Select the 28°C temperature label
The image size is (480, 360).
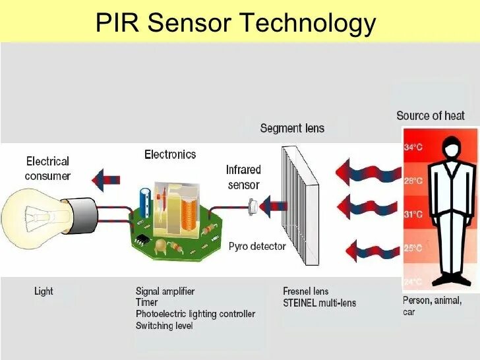[413, 181]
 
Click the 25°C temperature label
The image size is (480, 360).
[413, 249]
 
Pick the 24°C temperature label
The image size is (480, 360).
[413, 282]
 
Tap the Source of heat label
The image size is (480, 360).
[430, 116]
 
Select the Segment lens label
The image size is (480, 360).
[292, 128]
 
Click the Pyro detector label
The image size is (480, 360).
[257, 247]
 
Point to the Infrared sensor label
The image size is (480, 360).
[244, 177]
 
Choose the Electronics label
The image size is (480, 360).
[170, 154]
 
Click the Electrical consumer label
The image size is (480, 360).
[47, 168]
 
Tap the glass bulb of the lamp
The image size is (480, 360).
[33, 214]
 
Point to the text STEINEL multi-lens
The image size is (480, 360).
[319, 303]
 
